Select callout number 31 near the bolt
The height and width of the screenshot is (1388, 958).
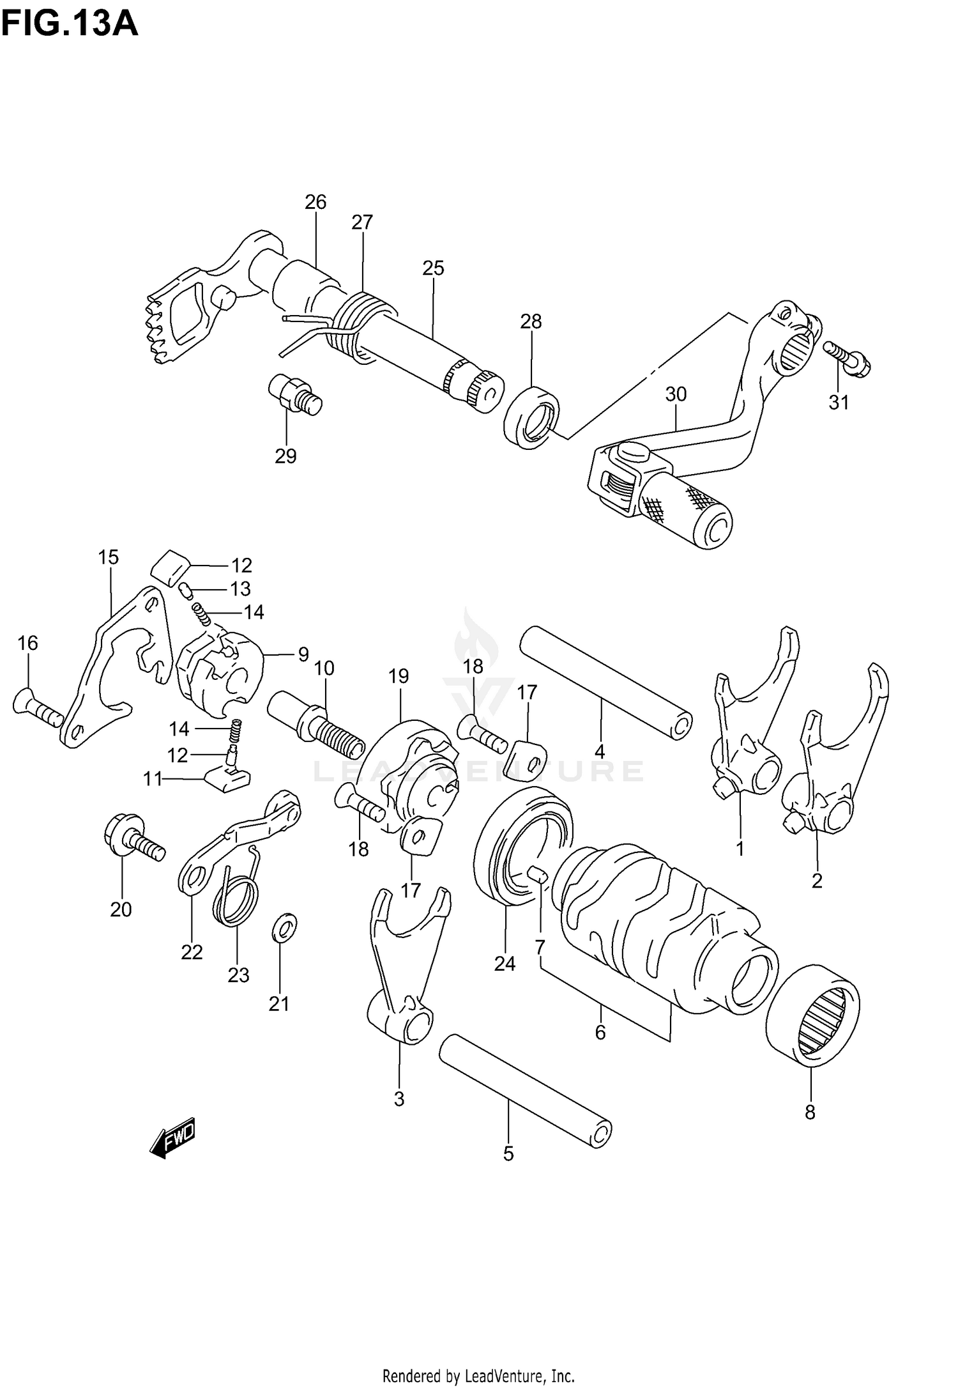839,403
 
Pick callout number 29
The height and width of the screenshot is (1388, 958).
285,456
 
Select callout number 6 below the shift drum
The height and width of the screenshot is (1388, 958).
600,1032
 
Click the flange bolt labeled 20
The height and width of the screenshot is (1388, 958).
133,838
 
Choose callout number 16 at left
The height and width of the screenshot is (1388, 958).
27,643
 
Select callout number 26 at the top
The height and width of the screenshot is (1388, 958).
315,202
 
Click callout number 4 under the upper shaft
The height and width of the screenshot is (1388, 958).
599,752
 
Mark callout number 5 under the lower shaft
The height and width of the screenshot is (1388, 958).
508,1153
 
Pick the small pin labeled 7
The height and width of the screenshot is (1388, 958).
536,873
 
